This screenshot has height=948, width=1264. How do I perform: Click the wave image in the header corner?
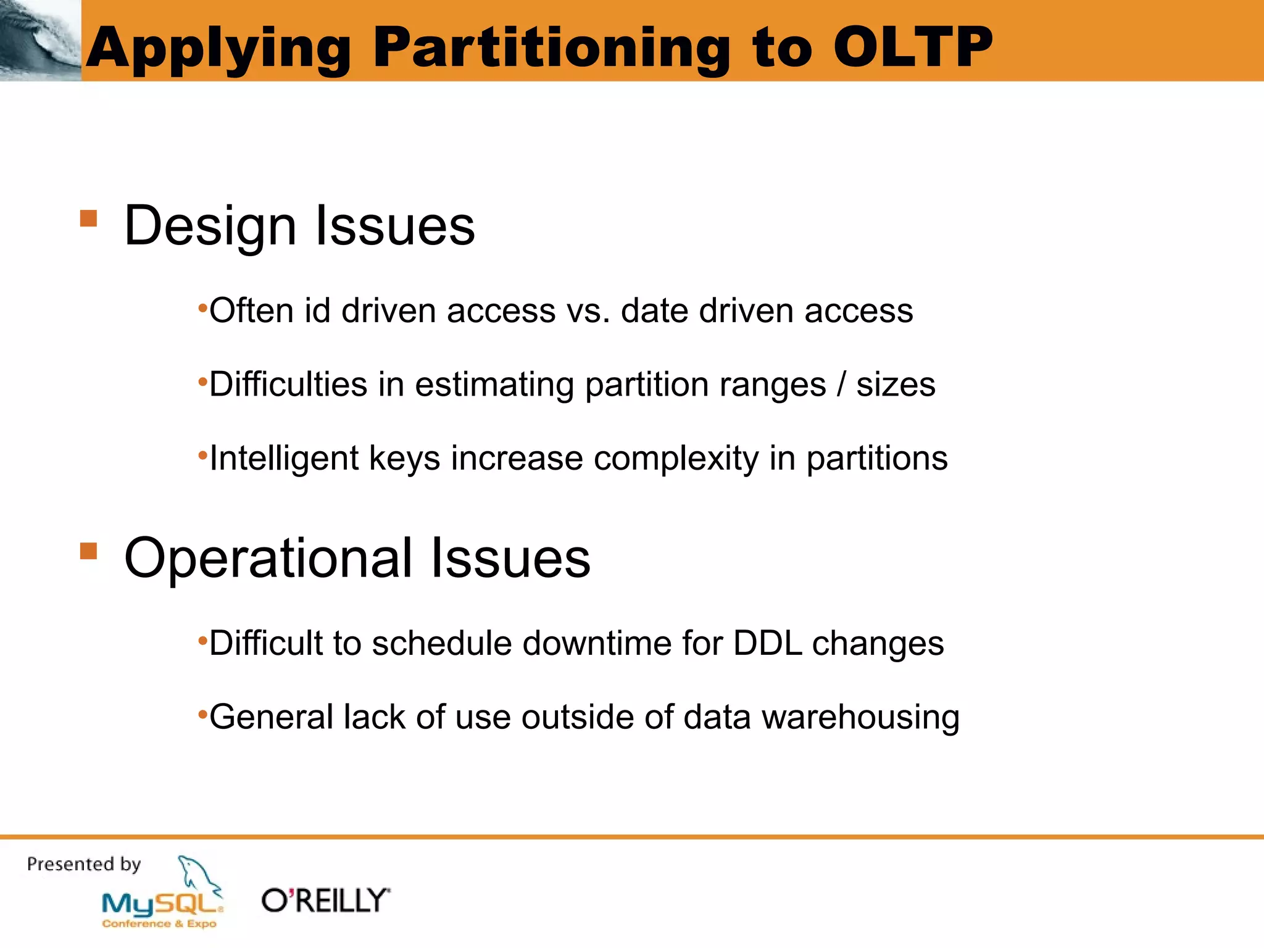click(x=40, y=40)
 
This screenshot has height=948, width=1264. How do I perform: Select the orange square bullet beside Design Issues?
click(x=89, y=218)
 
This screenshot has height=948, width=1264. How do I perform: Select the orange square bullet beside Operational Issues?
click(x=89, y=551)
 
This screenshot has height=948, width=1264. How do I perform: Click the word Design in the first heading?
click(x=210, y=226)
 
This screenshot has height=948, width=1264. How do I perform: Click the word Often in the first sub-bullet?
click(x=252, y=310)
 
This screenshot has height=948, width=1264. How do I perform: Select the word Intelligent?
click(x=284, y=459)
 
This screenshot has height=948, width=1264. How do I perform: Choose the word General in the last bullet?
click(x=272, y=717)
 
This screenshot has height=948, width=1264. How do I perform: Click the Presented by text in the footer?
click(x=84, y=864)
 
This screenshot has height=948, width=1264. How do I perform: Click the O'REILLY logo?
click(x=326, y=901)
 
